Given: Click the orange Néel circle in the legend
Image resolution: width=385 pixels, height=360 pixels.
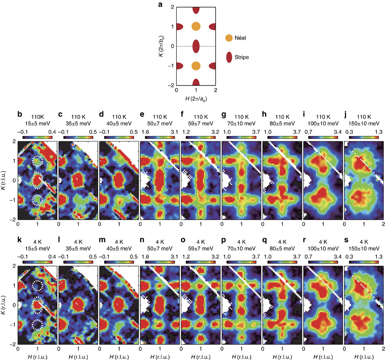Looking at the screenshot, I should click(229, 38).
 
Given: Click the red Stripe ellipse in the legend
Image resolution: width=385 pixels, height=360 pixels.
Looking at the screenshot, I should click(230, 57).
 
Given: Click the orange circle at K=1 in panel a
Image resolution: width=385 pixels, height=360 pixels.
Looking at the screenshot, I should click(196, 26).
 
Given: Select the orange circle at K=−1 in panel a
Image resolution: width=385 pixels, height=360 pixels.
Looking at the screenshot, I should click(196, 66).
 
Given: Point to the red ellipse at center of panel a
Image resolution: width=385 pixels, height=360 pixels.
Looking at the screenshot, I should click(196, 46).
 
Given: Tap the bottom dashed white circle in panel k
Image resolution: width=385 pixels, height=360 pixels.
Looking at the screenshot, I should click(37, 325).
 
